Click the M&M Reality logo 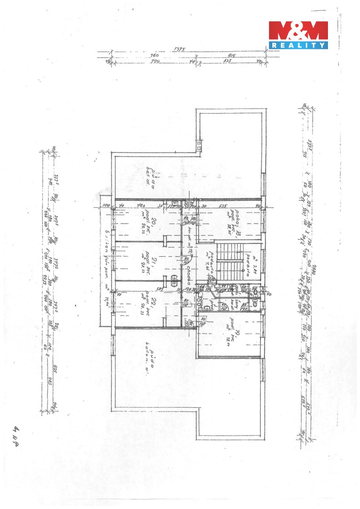[x=298, y=35]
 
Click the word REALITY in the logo [x=298, y=45]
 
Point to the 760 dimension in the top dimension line [x=154, y=56]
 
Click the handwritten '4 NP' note [x=18, y=435]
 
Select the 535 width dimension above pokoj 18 [x=222, y=206]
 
